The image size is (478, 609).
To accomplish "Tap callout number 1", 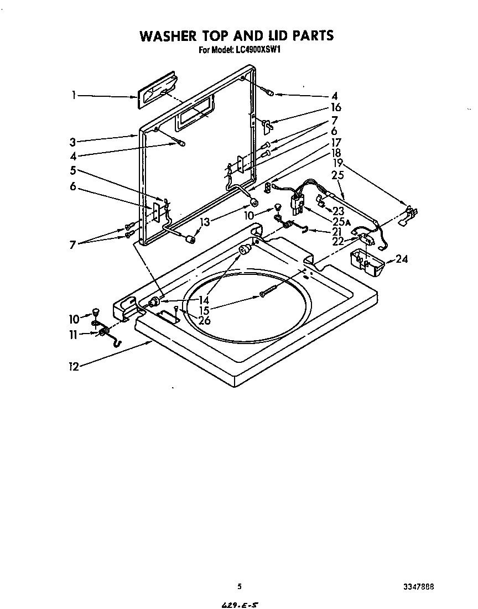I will (x=74, y=95).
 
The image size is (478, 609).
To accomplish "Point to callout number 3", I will (x=73, y=141).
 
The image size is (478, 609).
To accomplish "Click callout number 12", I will (x=73, y=366).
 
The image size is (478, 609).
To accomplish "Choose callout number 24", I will (x=402, y=259).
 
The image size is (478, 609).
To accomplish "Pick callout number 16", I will (x=336, y=107).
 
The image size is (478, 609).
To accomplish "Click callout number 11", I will (x=74, y=334).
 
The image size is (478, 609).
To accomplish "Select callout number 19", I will (x=338, y=163).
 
